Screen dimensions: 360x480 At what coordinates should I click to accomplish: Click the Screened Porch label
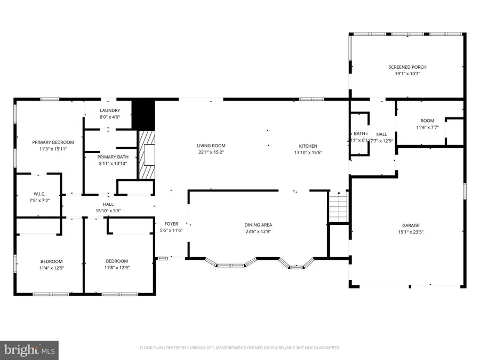pos(407,67)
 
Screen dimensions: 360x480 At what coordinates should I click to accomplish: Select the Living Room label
pos(211,146)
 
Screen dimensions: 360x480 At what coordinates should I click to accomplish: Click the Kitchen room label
pos(308,146)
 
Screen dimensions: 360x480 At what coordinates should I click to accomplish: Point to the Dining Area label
pos(258,225)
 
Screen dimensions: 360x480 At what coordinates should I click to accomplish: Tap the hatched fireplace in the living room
pos(146,155)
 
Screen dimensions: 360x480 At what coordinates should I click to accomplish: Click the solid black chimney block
pos(143,113)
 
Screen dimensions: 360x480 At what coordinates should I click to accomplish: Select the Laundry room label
pos(110,110)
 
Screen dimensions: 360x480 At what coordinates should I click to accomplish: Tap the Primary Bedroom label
pos(53,142)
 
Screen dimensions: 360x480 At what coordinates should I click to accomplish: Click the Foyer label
pos(171,225)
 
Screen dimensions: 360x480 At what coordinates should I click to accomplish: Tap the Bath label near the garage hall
pos(359,134)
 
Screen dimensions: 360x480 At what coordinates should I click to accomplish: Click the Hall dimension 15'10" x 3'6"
pos(108,211)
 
